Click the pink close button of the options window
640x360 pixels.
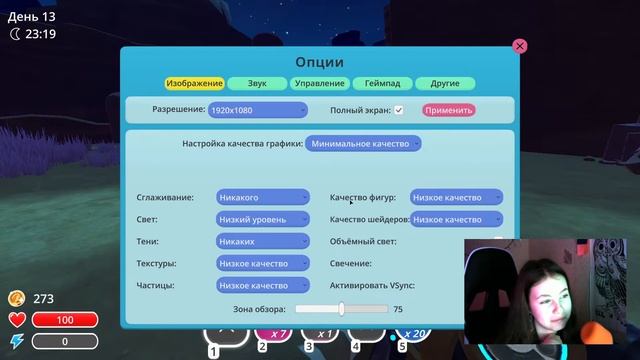coord(519,46)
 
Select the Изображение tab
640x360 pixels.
coord(195,83)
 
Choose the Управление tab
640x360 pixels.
coord(320,83)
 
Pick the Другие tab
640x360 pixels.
coord(445,83)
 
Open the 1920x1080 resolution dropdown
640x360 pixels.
coord(258,110)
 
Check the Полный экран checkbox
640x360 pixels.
coord(399,110)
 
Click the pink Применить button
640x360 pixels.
coord(448,110)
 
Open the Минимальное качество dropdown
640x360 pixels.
coord(363,144)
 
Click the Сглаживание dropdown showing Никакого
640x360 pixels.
coord(263,198)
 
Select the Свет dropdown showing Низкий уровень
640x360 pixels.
coord(263,219)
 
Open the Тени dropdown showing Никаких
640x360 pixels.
coord(263,241)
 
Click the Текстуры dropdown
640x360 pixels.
coord(263,263)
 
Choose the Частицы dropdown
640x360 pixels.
coord(263,285)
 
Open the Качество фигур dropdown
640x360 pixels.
coord(456,198)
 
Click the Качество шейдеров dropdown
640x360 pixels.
coord(456,219)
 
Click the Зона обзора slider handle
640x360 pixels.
coord(341,310)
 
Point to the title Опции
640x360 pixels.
coord(319,62)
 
